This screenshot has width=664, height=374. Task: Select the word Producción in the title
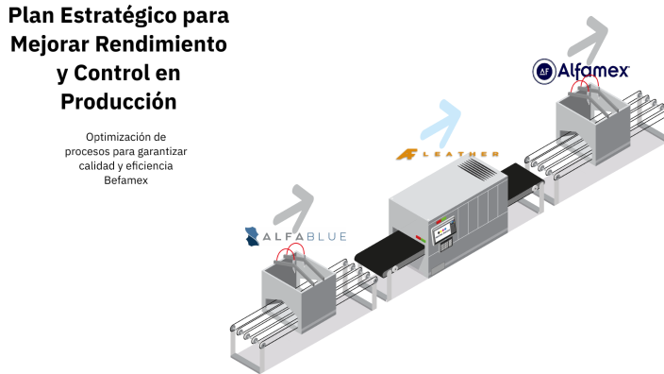[x=118, y=100]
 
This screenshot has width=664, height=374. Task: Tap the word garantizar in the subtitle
[x=157, y=151]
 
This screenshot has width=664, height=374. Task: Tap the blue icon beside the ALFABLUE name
[x=253, y=236]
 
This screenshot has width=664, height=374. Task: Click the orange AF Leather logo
[x=408, y=154]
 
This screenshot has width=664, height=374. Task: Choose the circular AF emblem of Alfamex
[x=544, y=70]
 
